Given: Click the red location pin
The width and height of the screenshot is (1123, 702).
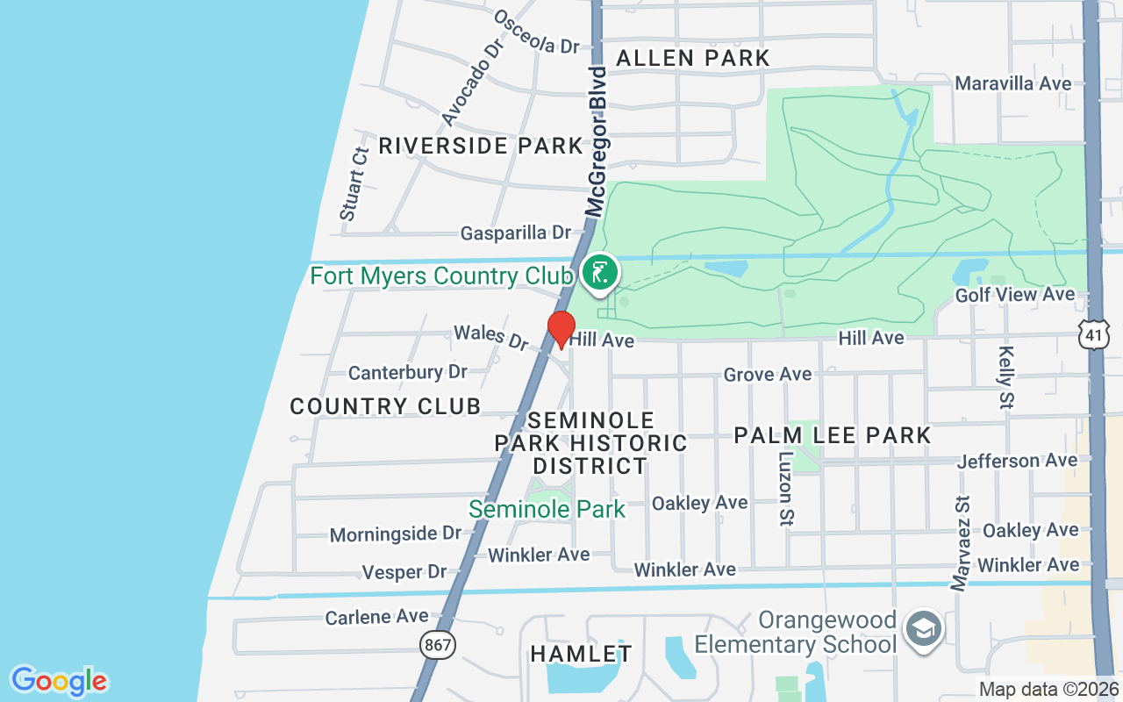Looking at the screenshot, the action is [x=561, y=328].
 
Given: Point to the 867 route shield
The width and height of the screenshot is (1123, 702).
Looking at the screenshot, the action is [x=438, y=645].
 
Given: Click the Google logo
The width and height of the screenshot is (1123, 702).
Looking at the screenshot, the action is [x=59, y=681].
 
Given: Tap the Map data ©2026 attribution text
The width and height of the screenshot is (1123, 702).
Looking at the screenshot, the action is [x=1048, y=689].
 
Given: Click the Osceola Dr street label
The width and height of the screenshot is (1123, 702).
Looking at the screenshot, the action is [x=537, y=32].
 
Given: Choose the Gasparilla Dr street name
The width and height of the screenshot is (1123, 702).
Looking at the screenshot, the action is [x=516, y=233].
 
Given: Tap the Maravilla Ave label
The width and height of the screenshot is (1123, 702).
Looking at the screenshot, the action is [x=1012, y=83].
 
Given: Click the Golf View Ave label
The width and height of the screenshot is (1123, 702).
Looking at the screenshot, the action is [x=1014, y=295].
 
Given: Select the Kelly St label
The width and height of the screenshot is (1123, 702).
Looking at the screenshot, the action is [x=1005, y=376].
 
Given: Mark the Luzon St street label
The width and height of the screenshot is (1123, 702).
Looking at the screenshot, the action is [x=785, y=490].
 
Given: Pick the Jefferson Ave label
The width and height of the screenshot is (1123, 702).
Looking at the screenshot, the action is [x=1017, y=461].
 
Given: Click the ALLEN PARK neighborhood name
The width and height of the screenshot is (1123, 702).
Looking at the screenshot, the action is [x=692, y=59].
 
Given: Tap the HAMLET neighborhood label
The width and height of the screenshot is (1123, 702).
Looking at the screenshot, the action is [x=581, y=654].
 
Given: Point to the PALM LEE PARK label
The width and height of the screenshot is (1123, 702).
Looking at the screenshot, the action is [x=832, y=435].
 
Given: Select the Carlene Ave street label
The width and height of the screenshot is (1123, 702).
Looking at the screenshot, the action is [x=376, y=617].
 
